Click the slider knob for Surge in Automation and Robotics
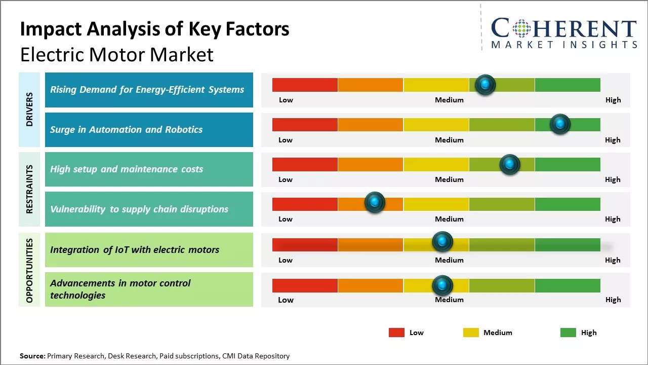tap(560, 124)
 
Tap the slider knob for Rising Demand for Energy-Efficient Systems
tap(485, 85)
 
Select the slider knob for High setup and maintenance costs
tap(510, 164)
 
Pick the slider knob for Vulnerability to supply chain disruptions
tap(375, 202)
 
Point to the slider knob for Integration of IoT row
tap(442, 242)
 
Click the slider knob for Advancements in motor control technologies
tap(442, 286)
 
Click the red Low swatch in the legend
tap(396, 333)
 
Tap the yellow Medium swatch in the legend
tap(471, 333)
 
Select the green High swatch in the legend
tap(568, 333)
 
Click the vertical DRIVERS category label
tap(29, 109)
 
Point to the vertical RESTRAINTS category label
tap(29, 189)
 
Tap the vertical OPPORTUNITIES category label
tap(29, 270)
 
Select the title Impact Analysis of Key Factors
tap(154, 29)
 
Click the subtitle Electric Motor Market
tap(117, 54)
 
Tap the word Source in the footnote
tap(32, 356)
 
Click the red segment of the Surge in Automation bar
tap(305, 125)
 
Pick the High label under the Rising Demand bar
tap(613, 100)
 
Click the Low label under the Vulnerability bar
tap(286, 219)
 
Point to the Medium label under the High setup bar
tap(449, 179)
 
